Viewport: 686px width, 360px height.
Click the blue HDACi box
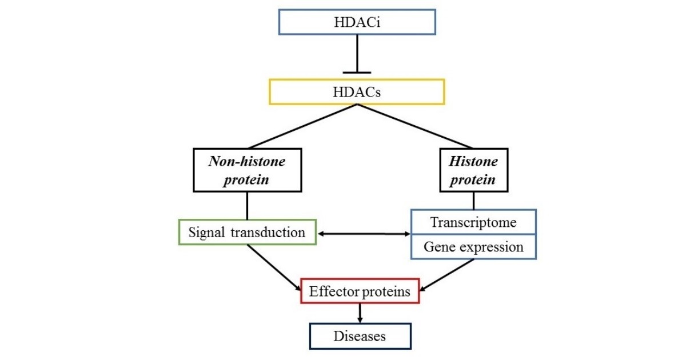[x=356, y=23]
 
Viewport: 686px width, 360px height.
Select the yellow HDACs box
[x=356, y=91]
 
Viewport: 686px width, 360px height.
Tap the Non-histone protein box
[x=246, y=170]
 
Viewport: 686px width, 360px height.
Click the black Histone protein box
[x=473, y=170]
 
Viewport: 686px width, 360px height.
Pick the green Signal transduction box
[x=247, y=233]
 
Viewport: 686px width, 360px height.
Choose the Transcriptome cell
[x=473, y=222]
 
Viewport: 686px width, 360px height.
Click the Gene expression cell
[x=473, y=247]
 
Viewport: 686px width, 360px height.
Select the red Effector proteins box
[x=360, y=291]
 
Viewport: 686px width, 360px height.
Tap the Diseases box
[x=360, y=336]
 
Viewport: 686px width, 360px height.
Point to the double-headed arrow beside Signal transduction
[x=364, y=234]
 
